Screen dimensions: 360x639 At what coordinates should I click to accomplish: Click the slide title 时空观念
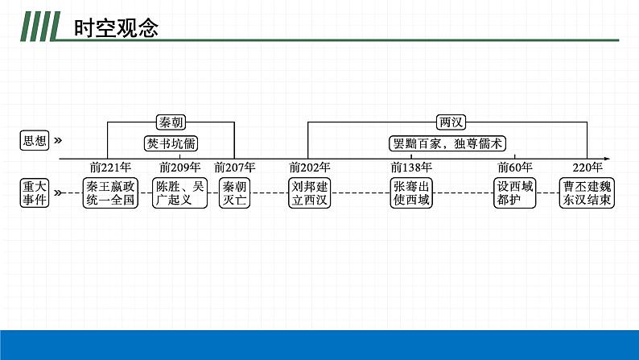click(116, 29)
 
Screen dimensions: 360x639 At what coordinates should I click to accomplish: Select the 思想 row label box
click(35, 141)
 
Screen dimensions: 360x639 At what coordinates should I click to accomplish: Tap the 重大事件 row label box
click(35, 193)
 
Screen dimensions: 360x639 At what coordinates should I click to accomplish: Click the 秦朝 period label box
click(171, 122)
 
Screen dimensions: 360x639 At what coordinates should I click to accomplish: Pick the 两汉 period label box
click(448, 122)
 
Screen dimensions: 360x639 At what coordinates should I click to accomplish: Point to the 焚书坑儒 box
click(171, 143)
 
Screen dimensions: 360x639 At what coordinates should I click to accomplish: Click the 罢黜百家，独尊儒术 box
click(448, 143)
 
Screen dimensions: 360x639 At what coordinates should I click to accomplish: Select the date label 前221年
click(110, 168)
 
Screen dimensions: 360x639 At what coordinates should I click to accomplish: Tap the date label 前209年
click(179, 168)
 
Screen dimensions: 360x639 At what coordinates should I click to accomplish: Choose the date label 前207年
click(234, 168)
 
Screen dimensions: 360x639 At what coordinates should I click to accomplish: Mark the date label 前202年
click(310, 168)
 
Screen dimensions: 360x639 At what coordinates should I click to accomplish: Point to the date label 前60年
click(514, 168)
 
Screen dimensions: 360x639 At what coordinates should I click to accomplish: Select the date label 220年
click(587, 168)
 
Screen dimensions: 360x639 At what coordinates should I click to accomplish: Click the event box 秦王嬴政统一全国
click(111, 193)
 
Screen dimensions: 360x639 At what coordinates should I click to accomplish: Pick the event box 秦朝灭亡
click(235, 193)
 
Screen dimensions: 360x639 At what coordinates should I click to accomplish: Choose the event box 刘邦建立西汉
click(310, 193)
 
